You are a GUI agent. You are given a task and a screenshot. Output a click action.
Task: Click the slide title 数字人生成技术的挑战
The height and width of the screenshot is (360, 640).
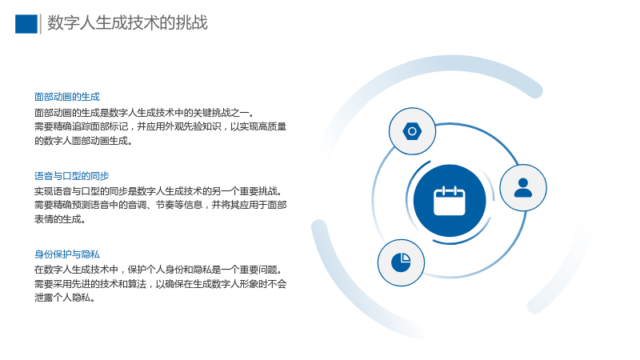[127, 23]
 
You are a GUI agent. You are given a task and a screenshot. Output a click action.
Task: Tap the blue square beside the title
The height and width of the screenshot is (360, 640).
[26, 24]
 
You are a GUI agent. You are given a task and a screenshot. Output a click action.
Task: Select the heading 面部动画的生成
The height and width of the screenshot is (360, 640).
[67, 97]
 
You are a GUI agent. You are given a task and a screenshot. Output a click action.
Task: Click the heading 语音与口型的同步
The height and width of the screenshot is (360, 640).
[71, 176]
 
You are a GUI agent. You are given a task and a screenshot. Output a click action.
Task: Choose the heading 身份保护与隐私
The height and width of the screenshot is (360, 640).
[67, 254]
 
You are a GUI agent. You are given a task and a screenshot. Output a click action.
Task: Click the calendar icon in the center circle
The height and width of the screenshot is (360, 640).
[450, 201]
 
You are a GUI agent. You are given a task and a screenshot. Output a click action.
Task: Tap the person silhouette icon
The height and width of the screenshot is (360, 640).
[523, 188]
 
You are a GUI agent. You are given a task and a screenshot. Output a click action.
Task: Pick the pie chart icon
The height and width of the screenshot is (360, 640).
[401, 262]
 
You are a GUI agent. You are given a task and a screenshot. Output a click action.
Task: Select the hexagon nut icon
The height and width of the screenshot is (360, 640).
[412, 131]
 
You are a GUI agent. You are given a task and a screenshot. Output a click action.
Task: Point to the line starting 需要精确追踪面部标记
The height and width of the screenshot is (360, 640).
[161, 126]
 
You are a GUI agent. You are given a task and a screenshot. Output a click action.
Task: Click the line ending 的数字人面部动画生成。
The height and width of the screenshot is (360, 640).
[83, 141]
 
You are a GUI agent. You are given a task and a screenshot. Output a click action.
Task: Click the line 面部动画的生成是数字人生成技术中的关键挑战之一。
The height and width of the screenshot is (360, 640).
[145, 113]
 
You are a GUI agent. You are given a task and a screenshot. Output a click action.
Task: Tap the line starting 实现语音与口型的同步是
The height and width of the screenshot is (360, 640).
[158, 191]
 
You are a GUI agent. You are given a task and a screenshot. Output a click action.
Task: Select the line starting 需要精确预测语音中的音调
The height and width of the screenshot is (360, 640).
[161, 205]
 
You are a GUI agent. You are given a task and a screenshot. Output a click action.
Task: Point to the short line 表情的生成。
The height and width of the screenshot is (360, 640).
[60, 219]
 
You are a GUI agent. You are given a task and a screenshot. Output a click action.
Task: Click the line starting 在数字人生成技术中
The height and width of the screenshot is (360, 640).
[158, 270]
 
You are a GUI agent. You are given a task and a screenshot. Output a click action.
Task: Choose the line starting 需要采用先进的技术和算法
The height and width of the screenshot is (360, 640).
[161, 284]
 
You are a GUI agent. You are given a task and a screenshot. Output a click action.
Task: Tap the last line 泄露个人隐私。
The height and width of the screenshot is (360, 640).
[65, 298]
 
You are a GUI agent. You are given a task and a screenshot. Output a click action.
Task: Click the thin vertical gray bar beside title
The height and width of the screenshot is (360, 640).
[41, 24]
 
